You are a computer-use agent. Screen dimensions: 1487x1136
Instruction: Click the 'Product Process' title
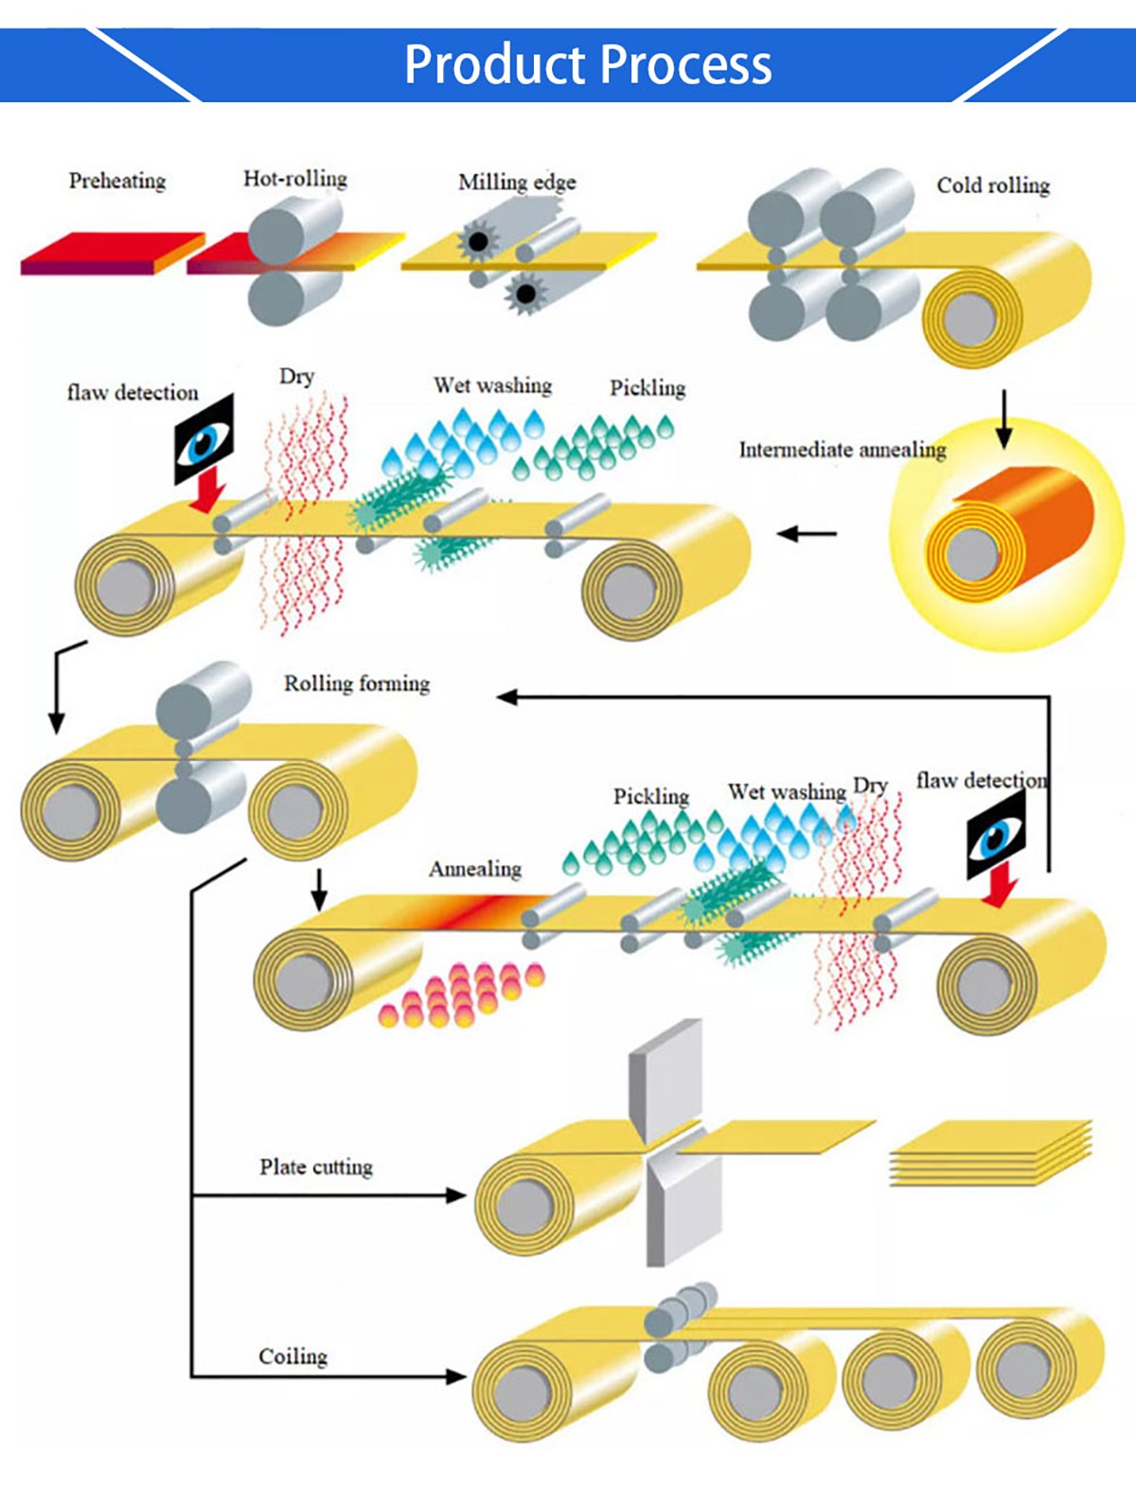(x=588, y=64)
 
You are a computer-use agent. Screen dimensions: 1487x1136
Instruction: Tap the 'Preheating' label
(x=117, y=180)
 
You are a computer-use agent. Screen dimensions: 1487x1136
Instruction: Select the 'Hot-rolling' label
(x=295, y=178)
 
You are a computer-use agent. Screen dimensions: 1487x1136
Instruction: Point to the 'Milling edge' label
(x=517, y=182)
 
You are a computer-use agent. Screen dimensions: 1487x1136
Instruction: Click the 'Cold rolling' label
(x=993, y=185)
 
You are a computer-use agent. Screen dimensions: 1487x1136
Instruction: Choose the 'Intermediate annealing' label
(x=843, y=449)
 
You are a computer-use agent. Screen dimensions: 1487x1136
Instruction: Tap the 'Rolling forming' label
(x=357, y=682)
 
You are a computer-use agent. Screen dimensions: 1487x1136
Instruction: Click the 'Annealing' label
(x=475, y=868)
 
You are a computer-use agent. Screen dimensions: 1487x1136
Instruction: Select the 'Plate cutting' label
(x=316, y=1166)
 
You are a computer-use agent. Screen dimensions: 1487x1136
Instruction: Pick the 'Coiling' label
(x=293, y=1356)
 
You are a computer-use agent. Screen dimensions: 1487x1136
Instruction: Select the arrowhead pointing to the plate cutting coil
(x=456, y=1195)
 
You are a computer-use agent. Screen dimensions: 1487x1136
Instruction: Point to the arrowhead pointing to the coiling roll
(x=456, y=1376)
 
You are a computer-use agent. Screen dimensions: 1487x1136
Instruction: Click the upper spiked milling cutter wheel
(x=478, y=241)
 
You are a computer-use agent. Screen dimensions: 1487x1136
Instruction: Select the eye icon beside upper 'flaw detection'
(x=204, y=440)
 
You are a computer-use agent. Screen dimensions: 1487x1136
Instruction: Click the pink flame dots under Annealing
(x=461, y=995)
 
